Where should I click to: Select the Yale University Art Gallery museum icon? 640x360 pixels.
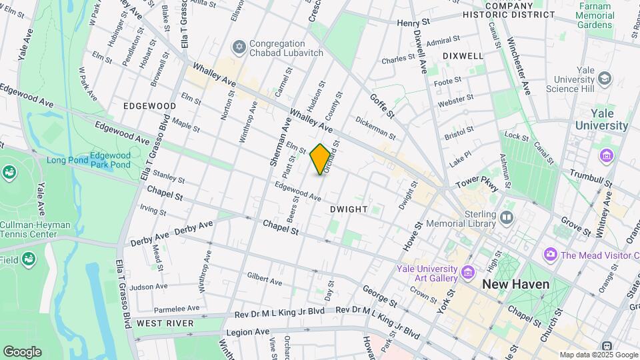[467, 272]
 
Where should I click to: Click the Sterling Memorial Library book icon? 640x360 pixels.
[507, 218]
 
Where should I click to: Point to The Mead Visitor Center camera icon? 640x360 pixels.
[550, 255]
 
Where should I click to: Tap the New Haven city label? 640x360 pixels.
[515, 285]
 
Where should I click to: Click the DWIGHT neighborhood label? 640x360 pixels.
[349, 209]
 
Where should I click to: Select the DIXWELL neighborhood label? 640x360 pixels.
[462, 56]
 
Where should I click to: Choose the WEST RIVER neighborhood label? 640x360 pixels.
[165, 323]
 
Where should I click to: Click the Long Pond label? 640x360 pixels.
[67, 160]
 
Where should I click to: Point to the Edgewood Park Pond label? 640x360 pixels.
[110, 159]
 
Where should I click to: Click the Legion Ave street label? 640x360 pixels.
[247, 331]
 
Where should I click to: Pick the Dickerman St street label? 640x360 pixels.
[375, 129]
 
